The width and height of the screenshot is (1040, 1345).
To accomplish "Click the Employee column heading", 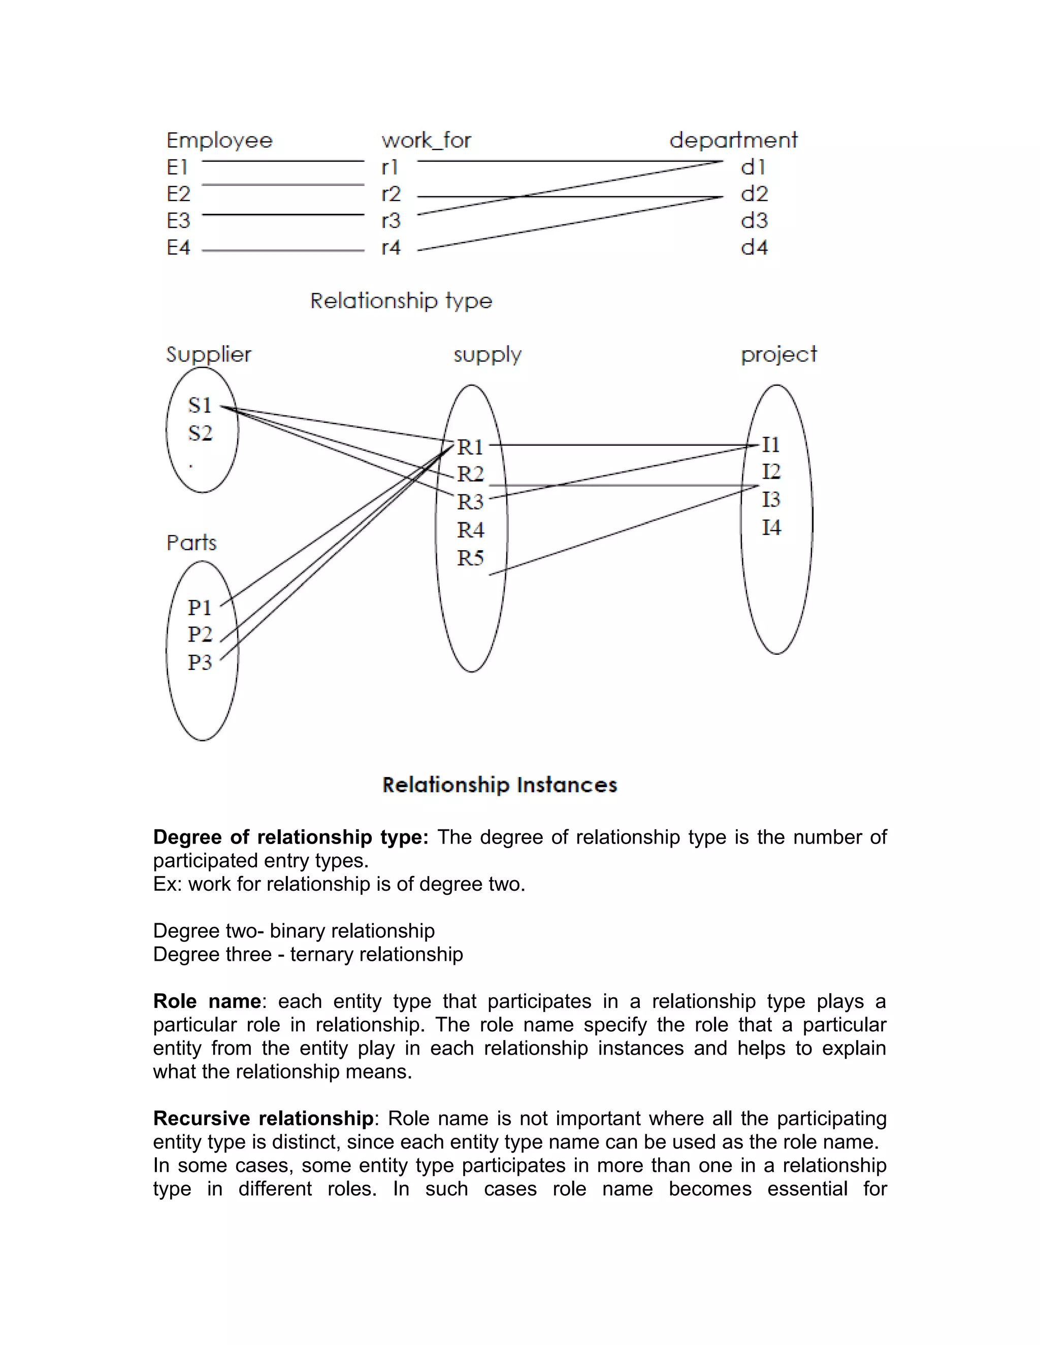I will (219, 141).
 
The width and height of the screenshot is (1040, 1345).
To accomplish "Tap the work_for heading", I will (427, 141).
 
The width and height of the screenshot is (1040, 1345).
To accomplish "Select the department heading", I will (733, 141).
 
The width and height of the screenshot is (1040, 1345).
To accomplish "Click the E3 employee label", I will (179, 220).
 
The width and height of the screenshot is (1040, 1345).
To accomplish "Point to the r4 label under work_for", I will (391, 248).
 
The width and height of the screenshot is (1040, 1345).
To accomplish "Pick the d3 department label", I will (754, 220).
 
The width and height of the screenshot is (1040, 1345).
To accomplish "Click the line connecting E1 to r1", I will (283, 161).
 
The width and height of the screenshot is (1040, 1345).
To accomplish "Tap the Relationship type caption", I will (401, 301).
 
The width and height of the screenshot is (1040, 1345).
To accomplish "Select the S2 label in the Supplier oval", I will (200, 433).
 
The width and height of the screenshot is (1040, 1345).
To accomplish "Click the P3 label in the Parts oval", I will (200, 663).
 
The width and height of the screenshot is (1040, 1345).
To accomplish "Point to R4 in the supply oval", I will (471, 529).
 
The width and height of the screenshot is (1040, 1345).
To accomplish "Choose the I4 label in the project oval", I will (771, 527).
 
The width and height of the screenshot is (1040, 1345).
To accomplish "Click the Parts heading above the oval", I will (191, 543).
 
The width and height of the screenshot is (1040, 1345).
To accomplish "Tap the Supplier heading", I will (209, 355).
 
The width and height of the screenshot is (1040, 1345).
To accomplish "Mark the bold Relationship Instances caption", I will (500, 785).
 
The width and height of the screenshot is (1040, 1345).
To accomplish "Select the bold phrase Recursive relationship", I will (263, 1118).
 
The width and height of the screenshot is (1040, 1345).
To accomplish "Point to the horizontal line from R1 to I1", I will (622, 445).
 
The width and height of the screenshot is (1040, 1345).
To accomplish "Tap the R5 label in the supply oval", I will (471, 558).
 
